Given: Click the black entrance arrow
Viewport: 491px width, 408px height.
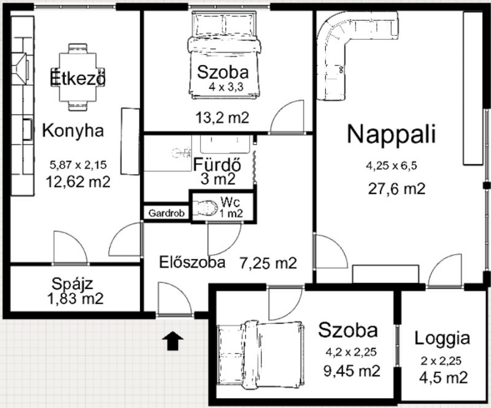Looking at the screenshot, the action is click(172, 341).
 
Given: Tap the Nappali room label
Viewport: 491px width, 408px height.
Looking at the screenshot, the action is click(392, 134).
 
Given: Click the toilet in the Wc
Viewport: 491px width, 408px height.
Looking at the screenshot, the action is click(205, 208).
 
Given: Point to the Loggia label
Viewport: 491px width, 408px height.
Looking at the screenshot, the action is click(442, 338).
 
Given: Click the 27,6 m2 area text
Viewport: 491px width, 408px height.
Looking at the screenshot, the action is click(396, 189).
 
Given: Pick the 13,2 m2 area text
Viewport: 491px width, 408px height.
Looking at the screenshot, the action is click(222, 118).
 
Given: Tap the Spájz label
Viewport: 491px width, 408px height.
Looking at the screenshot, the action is click(72, 284).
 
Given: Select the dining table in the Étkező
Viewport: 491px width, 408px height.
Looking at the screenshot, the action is click(78, 77).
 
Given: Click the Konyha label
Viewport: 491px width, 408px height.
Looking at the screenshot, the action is click(73, 131).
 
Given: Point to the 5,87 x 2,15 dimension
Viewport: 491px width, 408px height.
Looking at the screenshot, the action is click(78, 164).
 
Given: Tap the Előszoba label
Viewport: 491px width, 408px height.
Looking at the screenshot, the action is click(192, 262).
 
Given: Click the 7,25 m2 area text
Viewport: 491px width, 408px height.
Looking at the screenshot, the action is click(268, 263).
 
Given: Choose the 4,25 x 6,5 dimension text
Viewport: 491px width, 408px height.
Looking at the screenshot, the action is click(392, 166).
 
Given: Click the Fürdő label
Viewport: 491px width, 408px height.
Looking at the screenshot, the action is click(217, 164).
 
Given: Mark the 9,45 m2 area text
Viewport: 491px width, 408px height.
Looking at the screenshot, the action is click(352, 371).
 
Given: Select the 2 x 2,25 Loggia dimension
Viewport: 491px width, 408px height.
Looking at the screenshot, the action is click(441, 361).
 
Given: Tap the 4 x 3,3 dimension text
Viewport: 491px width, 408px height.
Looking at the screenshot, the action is click(226, 87).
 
